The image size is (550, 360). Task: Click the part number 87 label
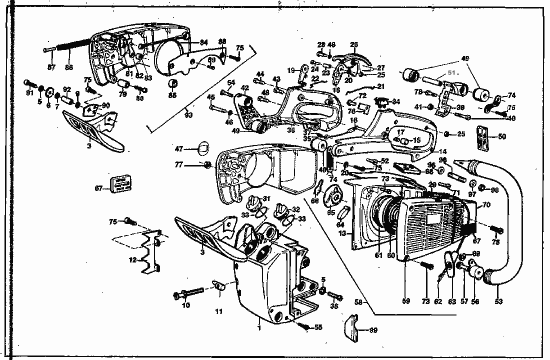click(50, 67)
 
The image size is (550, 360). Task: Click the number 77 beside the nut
click(192, 164)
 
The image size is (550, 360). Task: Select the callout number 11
click(218, 311)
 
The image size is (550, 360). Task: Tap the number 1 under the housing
click(259, 328)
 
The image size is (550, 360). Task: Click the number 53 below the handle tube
click(498, 301)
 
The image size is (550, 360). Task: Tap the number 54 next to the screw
click(231, 82)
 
